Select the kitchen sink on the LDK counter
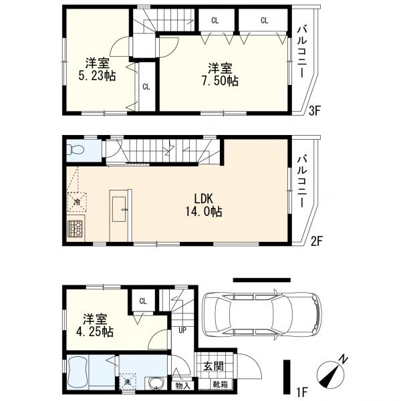pyautogui.click(x=119, y=209)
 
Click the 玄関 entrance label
pyautogui.click(x=214, y=366)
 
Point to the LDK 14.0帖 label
pyautogui.click(x=204, y=205)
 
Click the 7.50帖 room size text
pyautogui.click(x=220, y=81)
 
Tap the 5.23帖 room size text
pyautogui.click(x=97, y=76)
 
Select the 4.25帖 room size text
pyautogui.click(x=95, y=331)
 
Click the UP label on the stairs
pyautogui.click(x=182, y=330)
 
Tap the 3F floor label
pyautogui.click(x=315, y=111)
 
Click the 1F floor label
pyautogui.click(x=303, y=391)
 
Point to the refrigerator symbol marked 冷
pyautogui.click(x=77, y=202)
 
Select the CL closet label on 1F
pyautogui.click(x=143, y=301)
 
